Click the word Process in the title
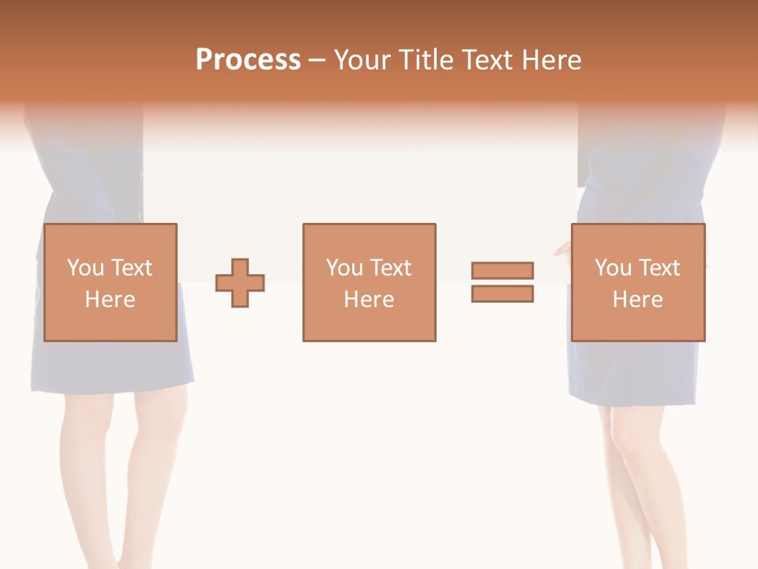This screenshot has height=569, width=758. pos(248,60)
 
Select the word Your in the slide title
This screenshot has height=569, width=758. pos(362,60)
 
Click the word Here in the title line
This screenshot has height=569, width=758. pos(553,60)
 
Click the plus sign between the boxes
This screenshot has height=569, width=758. pos(240,283)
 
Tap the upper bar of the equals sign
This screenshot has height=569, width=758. pos(502,270)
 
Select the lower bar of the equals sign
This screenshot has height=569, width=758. pos(502,294)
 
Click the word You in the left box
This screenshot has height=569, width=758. pos(85,268)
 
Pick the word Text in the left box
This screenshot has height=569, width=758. pos(131,268)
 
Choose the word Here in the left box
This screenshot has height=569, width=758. pos(110,300)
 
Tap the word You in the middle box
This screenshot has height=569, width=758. pos(344,268)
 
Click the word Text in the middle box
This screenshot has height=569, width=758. pos(390,268)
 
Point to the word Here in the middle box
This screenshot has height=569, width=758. pos(369,300)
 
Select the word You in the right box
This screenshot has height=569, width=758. pos(613,268)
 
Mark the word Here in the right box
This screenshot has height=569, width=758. pos(637,300)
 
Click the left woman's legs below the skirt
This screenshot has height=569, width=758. pos(118,474)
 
